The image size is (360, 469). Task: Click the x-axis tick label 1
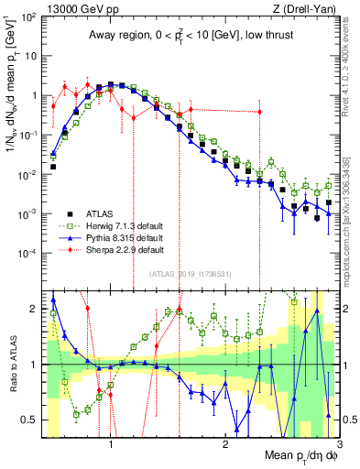(111, 443)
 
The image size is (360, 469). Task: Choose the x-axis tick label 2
(225, 443)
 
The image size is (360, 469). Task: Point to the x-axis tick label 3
(340, 443)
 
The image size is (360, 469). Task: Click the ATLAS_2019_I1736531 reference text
(191, 273)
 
